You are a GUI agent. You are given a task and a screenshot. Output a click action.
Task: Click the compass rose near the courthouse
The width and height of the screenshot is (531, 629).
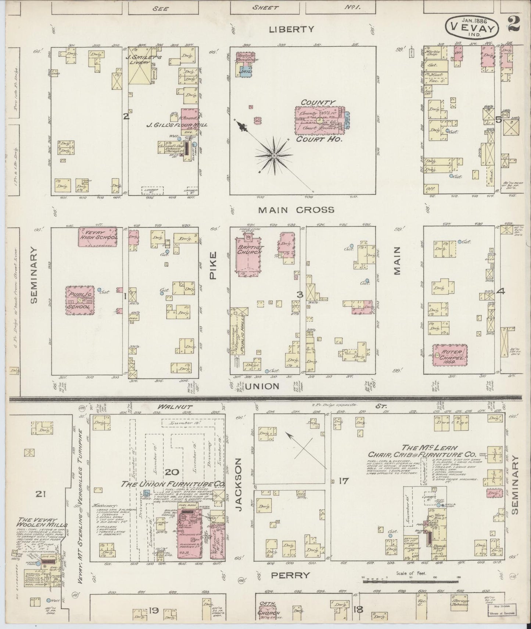coord(274,156)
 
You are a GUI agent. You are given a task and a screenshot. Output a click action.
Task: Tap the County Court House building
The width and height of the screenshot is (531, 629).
coord(319,120)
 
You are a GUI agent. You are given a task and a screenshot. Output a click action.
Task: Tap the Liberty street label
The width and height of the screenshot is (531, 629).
coord(291,29)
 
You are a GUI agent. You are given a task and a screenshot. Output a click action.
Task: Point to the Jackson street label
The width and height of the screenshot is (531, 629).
coord(239,481)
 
